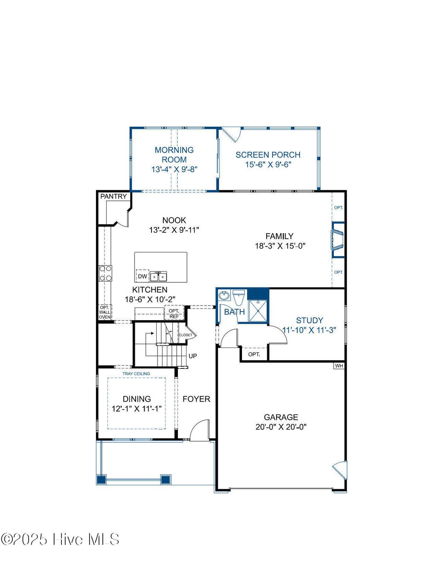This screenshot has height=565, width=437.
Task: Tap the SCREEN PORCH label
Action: coord(268,155)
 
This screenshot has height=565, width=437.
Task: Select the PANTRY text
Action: coord(114,197)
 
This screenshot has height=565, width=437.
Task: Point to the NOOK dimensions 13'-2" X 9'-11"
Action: coord(174,230)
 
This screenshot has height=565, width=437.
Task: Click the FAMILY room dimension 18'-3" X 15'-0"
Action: coord(280,246)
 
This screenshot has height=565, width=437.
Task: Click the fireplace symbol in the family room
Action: coord(338,240)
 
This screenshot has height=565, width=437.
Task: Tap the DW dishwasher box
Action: coord(143,276)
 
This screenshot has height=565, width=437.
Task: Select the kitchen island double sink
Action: coord(158,277)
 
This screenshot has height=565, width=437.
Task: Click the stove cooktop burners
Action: coord(105,273)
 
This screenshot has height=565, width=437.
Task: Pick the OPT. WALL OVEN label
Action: coord(105,312)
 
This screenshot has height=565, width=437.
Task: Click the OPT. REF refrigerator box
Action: coord(174,313)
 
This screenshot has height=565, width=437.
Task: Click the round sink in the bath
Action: coord(224,296)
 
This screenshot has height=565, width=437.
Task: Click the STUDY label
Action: coord(309,320)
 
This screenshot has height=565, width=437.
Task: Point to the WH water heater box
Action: coord(339,366)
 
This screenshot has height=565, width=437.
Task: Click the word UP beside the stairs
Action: coord(193,356)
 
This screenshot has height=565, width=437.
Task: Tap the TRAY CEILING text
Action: coord(136,374)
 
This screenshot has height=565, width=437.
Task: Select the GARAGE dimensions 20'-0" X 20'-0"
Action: coord(281,427)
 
